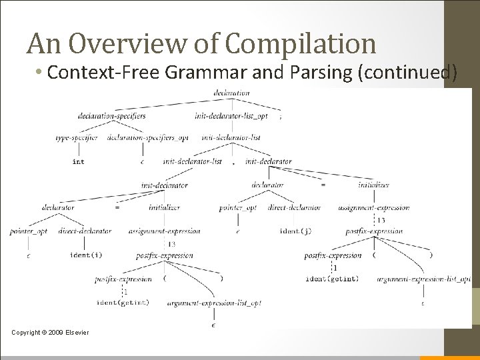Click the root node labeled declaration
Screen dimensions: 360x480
pos(231,93)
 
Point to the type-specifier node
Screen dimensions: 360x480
pos(77,138)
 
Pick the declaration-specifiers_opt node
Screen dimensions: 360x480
pos(157,138)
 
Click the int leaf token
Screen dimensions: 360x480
pos(78,161)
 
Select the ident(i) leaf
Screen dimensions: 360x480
pos(86,255)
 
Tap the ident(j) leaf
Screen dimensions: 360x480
pos(295,231)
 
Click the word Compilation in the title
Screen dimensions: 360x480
pos(301,43)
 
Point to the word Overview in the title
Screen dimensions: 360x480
pos(131,43)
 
